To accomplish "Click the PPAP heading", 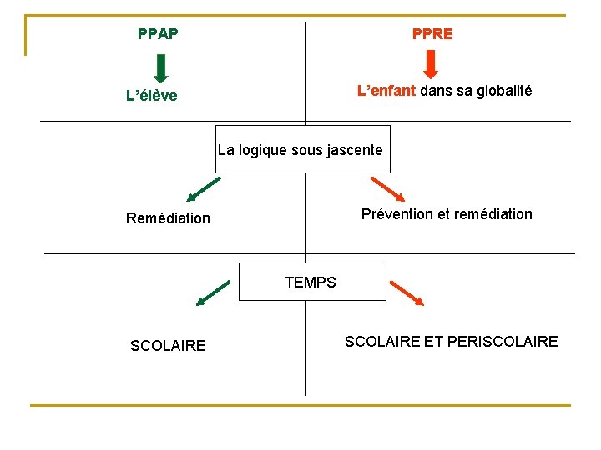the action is pos(158,34).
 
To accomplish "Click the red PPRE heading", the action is pos(432,34).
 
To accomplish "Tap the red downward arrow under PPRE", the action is pos(432,64).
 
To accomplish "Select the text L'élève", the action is pos(152,96).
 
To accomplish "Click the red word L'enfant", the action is pos(386,91).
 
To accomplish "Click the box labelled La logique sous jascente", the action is pos(302,149).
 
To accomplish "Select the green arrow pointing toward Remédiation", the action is pos(203,190).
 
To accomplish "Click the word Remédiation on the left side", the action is pos(169,218).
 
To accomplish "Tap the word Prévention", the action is pos(396,214).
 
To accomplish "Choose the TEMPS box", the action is pos(312,282).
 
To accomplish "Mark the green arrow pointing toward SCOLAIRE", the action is pos(212,293).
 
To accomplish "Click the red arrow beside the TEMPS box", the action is pos(407,292).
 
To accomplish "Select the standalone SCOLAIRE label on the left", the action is pos(168,346).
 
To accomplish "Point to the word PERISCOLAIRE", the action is pos(503,341).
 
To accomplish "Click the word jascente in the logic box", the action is pos(354,151).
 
